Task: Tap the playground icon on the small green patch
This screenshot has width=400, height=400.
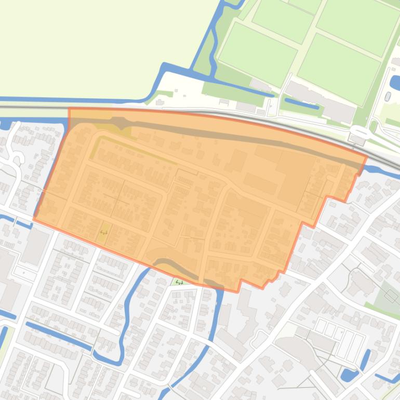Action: pyautogui.click(x=179, y=282)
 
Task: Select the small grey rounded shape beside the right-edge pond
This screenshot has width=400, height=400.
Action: pyautogui.click(x=388, y=96)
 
